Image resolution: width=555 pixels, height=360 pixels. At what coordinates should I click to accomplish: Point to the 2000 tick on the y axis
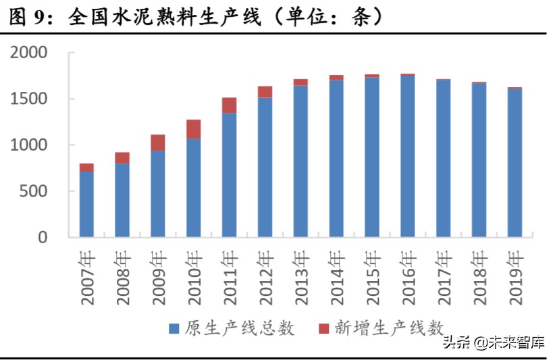(x=28, y=53)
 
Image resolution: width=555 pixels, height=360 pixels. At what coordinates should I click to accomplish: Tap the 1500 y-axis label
(x=28, y=99)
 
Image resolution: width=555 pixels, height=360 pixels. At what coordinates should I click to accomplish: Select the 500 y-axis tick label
(x=34, y=192)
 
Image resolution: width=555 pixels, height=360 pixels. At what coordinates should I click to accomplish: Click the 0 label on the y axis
(x=43, y=238)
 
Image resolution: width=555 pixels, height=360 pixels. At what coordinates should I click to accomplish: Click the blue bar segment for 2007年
(x=86, y=204)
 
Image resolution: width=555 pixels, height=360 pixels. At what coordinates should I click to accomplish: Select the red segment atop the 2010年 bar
(x=194, y=129)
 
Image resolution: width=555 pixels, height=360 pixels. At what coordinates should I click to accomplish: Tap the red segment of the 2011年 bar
(x=229, y=105)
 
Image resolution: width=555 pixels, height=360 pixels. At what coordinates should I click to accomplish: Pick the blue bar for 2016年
(x=407, y=156)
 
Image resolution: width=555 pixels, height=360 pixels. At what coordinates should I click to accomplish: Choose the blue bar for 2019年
(x=514, y=163)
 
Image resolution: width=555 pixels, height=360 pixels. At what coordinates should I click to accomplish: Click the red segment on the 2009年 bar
(x=158, y=143)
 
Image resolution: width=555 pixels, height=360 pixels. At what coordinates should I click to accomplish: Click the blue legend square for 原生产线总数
(x=174, y=329)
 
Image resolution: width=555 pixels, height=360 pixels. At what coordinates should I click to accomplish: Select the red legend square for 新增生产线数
(x=323, y=329)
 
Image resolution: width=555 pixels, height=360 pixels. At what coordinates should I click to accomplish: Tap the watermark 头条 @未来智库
(x=494, y=342)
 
